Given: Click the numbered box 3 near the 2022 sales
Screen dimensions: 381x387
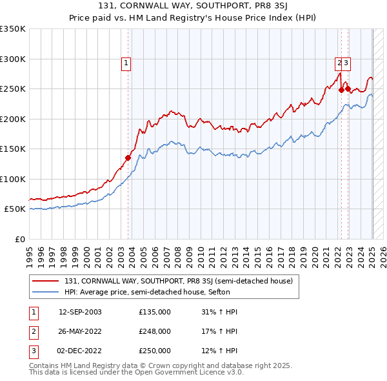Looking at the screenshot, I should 346,63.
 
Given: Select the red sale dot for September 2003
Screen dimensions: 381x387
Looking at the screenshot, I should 128,157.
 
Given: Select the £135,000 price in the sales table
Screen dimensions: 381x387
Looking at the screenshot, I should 155,312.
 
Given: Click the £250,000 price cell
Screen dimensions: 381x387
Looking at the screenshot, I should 155,351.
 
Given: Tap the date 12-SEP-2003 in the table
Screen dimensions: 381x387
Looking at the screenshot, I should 80,312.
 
